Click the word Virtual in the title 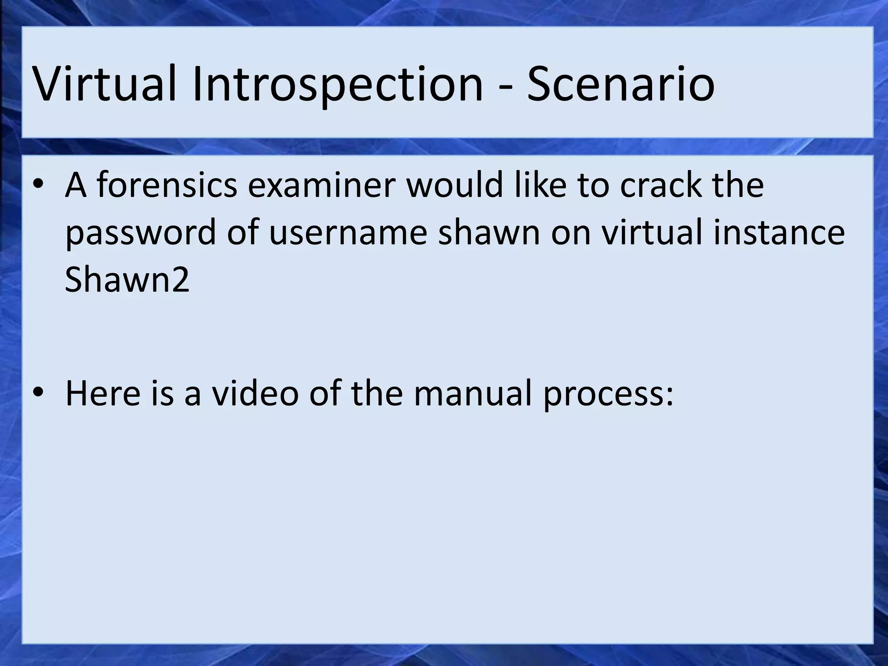104,83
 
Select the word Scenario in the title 620,83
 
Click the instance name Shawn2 127,280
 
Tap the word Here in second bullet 103,393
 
